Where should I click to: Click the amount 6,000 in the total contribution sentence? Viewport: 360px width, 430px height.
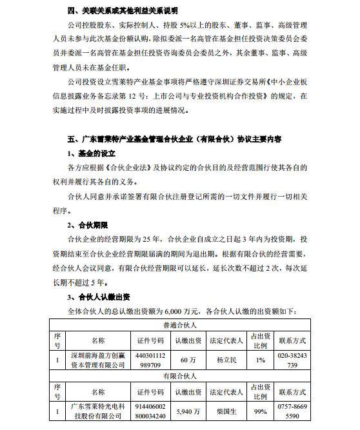click(x=196, y=312)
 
